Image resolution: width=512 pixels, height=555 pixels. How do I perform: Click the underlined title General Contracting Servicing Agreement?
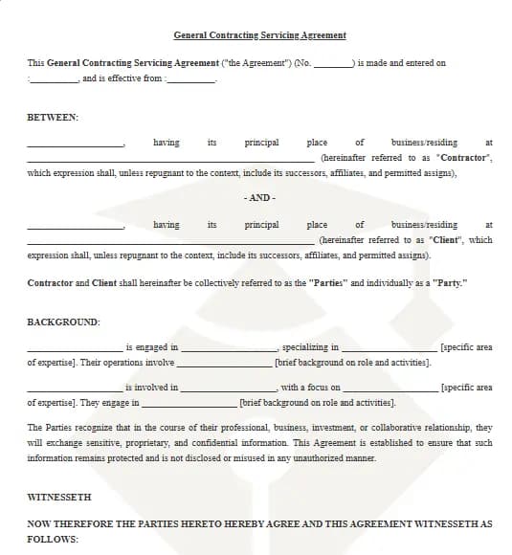pyautogui.click(x=259, y=35)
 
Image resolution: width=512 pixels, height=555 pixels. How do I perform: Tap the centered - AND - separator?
pyautogui.click(x=259, y=197)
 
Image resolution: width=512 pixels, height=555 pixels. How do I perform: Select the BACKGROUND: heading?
pyautogui.click(x=63, y=322)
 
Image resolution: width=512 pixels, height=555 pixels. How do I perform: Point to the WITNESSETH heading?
pyautogui.click(x=59, y=497)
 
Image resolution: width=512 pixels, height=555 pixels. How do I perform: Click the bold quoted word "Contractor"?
pyautogui.click(x=464, y=157)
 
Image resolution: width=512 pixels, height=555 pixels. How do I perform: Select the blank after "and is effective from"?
pyautogui.click(x=191, y=79)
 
